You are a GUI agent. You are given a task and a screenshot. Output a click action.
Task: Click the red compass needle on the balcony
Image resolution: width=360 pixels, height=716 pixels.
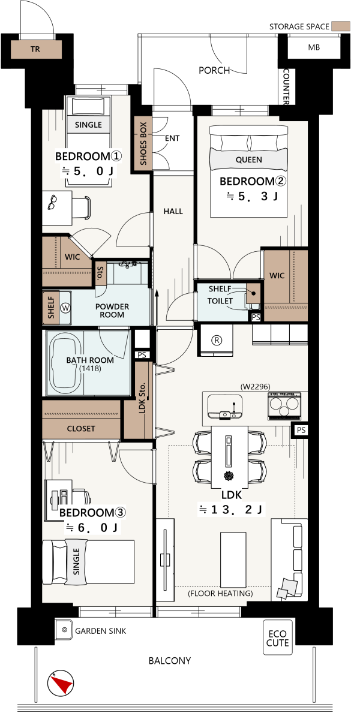(x=61, y=684)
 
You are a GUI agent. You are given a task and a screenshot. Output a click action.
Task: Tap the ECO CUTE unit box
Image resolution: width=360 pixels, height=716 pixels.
(x=278, y=637)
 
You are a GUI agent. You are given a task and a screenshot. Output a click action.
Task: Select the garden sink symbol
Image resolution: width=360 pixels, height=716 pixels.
(x=64, y=631)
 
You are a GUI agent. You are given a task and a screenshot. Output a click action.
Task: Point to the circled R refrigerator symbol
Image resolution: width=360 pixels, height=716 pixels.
(x=217, y=340)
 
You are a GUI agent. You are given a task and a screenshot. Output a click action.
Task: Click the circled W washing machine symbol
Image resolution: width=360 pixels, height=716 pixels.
(x=67, y=308)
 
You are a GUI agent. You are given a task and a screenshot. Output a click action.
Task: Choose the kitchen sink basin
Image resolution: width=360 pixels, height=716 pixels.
(x=225, y=405)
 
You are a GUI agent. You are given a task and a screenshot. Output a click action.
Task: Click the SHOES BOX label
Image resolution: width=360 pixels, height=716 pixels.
(x=143, y=144)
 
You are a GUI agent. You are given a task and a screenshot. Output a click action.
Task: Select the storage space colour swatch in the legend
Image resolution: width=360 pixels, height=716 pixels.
(x=341, y=26)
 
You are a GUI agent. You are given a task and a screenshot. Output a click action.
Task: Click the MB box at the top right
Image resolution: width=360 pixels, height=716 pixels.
(x=314, y=47)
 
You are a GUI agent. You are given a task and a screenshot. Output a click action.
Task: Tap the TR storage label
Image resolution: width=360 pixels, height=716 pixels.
(x=35, y=49)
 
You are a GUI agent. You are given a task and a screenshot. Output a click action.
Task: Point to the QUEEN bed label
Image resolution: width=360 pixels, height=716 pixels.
(x=249, y=160)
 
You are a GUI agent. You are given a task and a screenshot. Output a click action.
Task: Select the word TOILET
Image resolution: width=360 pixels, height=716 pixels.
(x=220, y=301)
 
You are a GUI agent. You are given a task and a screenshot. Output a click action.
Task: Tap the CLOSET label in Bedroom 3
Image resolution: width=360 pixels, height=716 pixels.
(x=81, y=429)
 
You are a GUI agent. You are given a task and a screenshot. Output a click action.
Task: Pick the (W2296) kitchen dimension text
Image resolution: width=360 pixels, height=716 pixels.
(x=255, y=387)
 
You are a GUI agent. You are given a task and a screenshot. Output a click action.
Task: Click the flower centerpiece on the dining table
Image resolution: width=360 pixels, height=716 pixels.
(x=229, y=476)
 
